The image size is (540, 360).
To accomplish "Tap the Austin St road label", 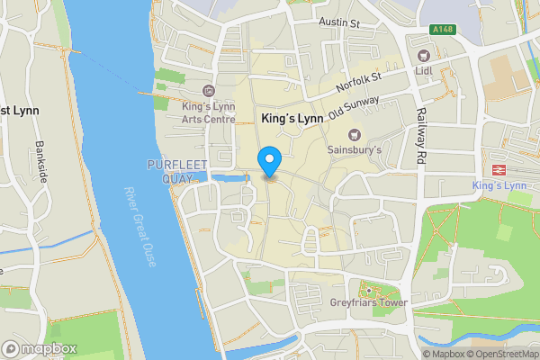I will pyautogui.click(x=338, y=21).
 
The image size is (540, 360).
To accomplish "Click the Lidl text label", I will pyautogui.click(x=424, y=69).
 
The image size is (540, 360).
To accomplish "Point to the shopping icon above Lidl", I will pyautogui.click(x=424, y=56).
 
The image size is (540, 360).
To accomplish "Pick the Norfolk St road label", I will pyautogui.click(x=358, y=82).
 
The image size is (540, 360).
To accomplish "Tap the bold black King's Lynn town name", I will pyautogui.click(x=291, y=119).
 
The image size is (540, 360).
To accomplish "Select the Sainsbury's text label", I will pyautogui.click(x=355, y=148).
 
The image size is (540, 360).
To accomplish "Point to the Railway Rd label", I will pyautogui.click(x=419, y=137).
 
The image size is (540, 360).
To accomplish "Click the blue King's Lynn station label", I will pyautogui.click(x=498, y=185).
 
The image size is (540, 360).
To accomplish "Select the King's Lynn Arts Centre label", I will pyautogui.click(x=209, y=111).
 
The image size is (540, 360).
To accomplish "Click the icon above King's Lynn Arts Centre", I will pyautogui.click(x=209, y=90).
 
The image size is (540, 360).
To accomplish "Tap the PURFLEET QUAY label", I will pyautogui.click(x=170, y=169).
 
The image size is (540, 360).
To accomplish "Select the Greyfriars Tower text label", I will pyautogui.click(x=367, y=303).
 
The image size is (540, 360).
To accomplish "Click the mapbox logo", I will pyautogui.click(x=40, y=348).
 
